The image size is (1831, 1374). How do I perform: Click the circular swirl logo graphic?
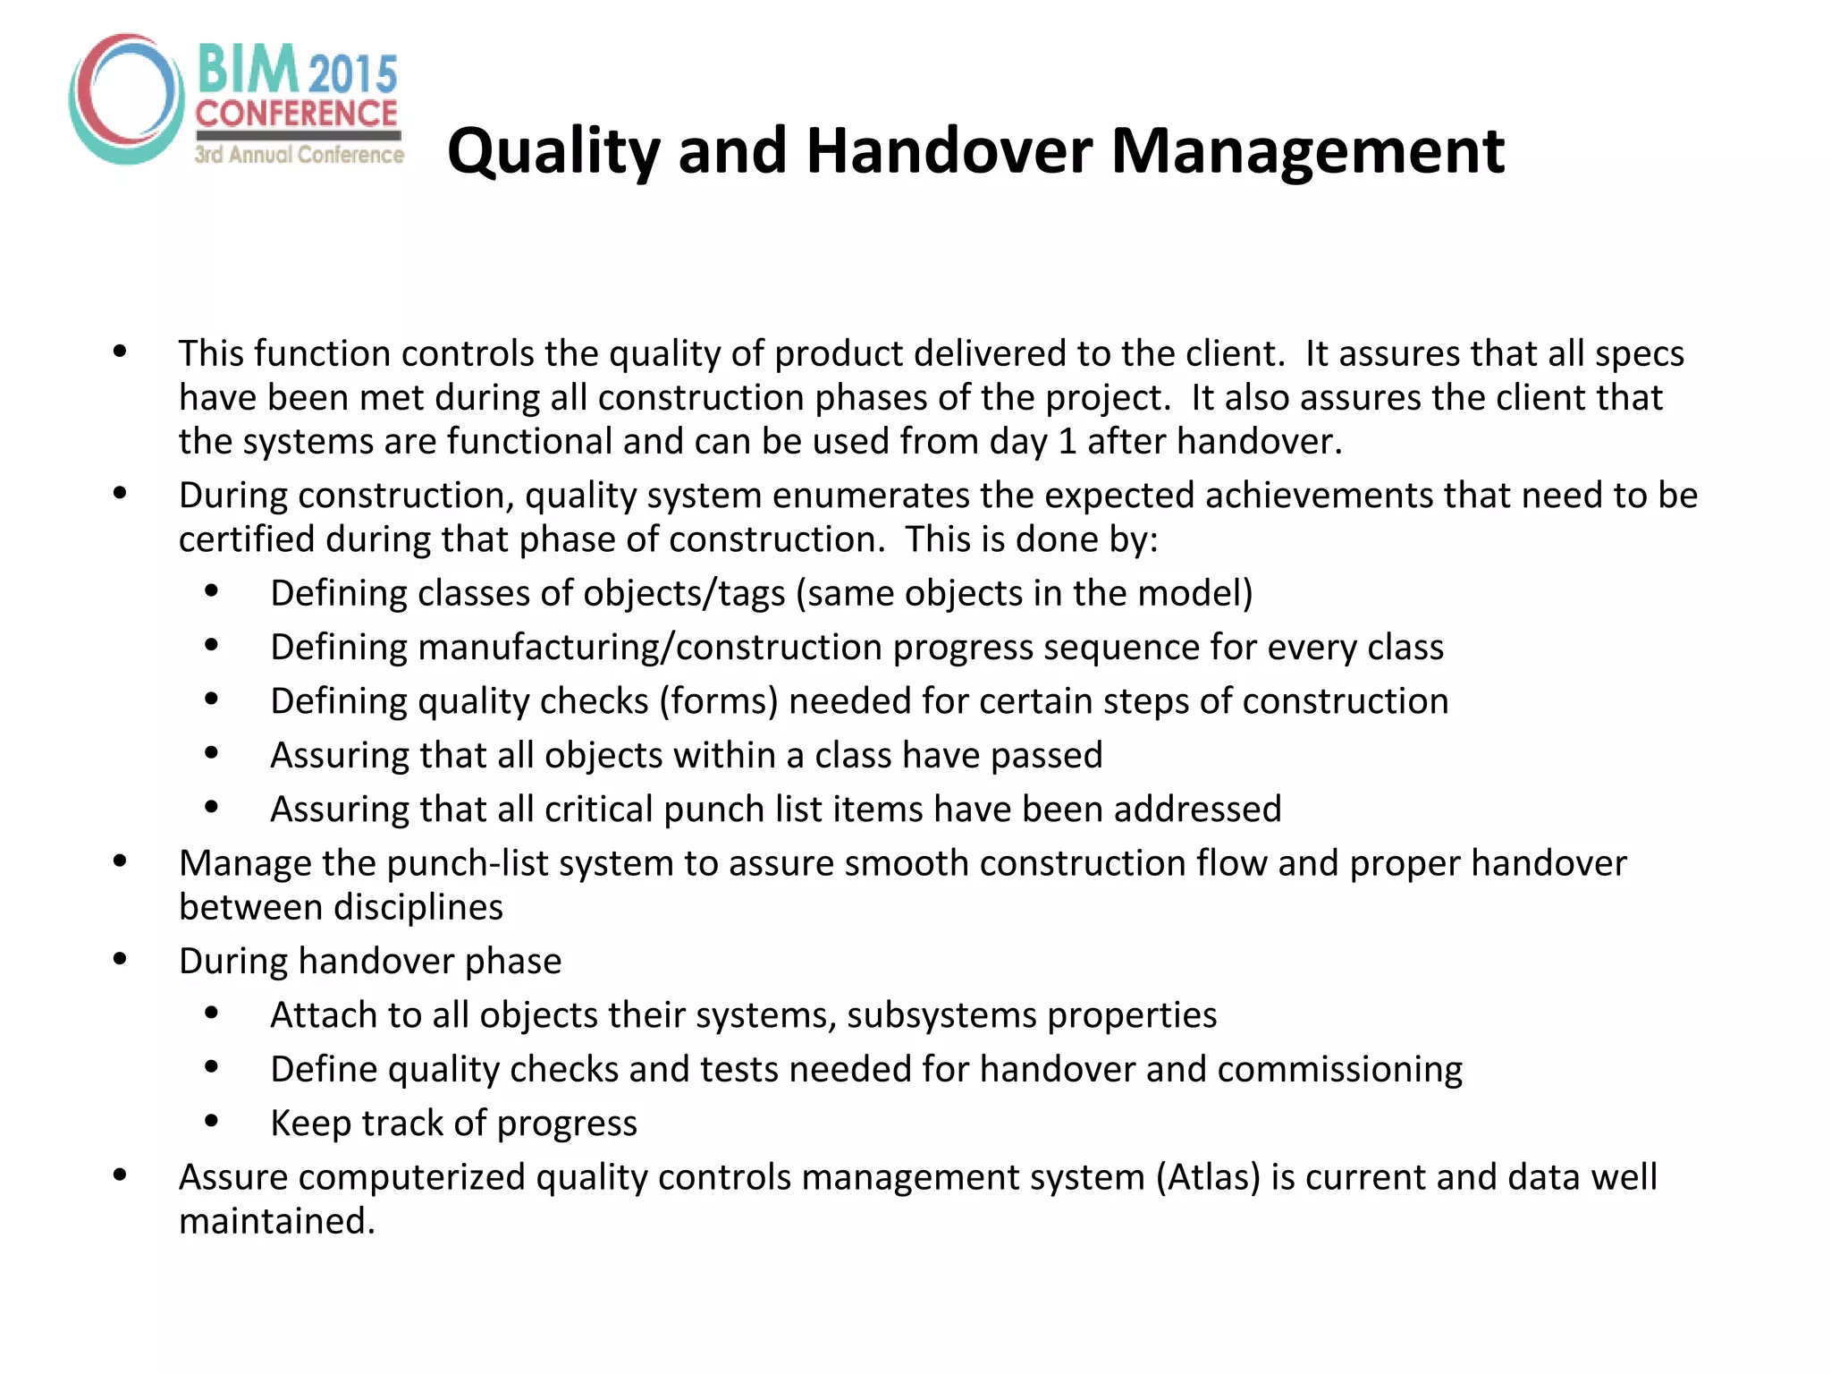pos(126,98)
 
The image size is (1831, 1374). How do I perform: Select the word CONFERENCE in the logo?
pos(297,114)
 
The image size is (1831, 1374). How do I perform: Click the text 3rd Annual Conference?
pos(300,155)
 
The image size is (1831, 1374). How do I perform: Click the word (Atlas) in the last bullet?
pos(1208,1177)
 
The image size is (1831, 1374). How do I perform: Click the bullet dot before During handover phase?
pos(120,959)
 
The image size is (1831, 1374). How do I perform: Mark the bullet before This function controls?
pos(120,352)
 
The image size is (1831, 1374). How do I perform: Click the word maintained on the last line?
pos(276,1221)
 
